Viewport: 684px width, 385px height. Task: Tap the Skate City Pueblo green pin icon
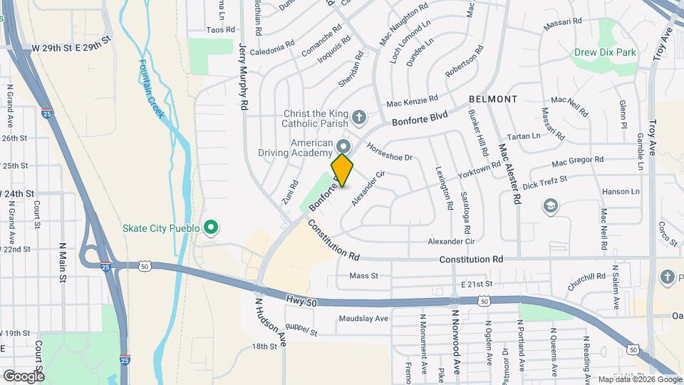[x=210, y=228]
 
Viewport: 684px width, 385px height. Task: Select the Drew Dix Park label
[x=604, y=52]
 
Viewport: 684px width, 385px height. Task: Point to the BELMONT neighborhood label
[x=492, y=98]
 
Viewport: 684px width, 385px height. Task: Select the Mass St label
[x=363, y=276]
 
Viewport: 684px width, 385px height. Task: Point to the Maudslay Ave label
[x=363, y=318]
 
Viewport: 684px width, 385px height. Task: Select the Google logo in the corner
[x=24, y=376]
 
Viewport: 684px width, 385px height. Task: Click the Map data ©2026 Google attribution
[x=639, y=379]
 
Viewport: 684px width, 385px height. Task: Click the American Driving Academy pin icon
[x=343, y=145]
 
